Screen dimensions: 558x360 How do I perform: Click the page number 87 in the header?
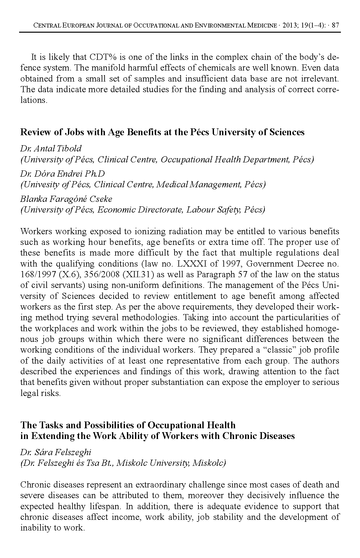(x=335, y=25)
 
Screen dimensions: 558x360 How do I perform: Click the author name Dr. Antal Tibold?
(x=51, y=148)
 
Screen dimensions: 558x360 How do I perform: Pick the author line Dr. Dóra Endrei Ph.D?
(x=62, y=174)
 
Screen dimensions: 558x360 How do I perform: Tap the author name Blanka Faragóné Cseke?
(x=66, y=199)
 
